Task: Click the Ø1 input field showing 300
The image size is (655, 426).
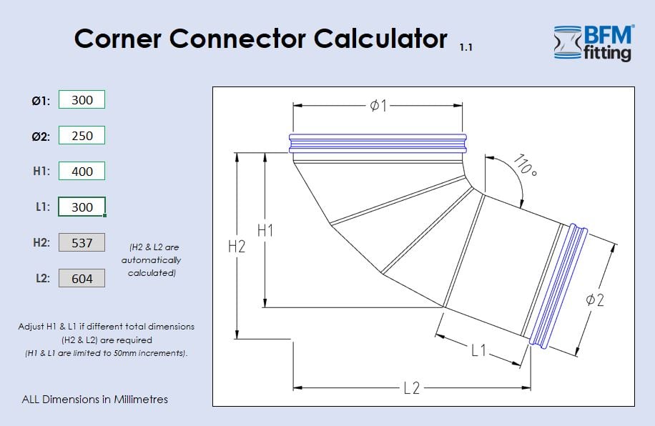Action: pyautogui.click(x=82, y=100)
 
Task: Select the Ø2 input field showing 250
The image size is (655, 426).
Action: pyautogui.click(x=82, y=136)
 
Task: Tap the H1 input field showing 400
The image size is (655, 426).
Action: pyautogui.click(x=82, y=172)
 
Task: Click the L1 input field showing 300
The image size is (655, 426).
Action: pyautogui.click(x=82, y=207)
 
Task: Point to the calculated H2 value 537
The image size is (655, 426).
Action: pyautogui.click(x=82, y=243)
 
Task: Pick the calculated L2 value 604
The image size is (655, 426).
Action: pyautogui.click(x=82, y=279)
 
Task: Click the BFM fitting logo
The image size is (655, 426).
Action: pyautogui.click(x=593, y=43)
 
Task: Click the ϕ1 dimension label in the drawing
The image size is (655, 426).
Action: pyautogui.click(x=378, y=106)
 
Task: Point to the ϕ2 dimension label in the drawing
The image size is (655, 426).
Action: pyautogui.click(x=595, y=300)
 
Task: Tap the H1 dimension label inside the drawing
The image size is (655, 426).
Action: pyautogui.click(x=265, y=230)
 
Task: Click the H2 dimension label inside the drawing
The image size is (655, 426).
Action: pyautogui.click(x=237, y=247)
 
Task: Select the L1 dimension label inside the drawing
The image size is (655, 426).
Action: pyautogui.click(x=478, y=351)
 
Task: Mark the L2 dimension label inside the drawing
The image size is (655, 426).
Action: pyautogui.click(x=411, y=388)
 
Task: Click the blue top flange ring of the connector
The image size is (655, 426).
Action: pyautogui.click(x=378, y=143)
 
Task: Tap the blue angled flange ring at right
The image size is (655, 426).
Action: pyautogui.click(x=558, y=286)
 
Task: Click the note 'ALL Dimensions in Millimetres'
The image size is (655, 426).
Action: pyautogui.click(x=95, y=400)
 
